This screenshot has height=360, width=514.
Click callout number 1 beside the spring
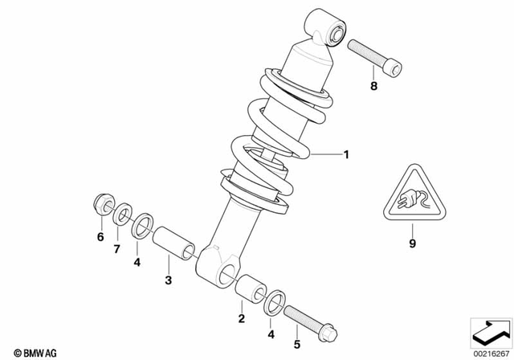346,155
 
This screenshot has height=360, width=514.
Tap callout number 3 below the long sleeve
169,280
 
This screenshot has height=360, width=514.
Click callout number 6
101,237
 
